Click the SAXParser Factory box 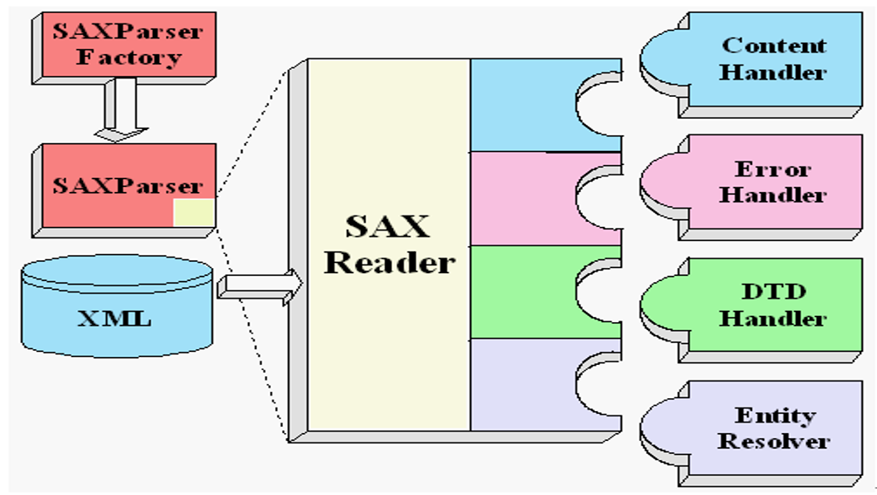click(124, 48)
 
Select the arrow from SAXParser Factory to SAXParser click(121, 109)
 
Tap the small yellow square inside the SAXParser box click(194, 212)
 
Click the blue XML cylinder click(117, 306)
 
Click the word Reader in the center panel click(390, 262)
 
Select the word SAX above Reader click(388, 226)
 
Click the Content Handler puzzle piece click(751, 65)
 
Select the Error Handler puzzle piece click(751, 187)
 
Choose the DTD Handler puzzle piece click(751, 310)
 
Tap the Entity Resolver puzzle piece click(751, 433)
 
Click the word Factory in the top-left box click(129, 57)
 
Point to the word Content click(774, 45)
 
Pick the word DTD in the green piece click(774, 291)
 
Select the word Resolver click(774, 442)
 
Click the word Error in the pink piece click(772, 168)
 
